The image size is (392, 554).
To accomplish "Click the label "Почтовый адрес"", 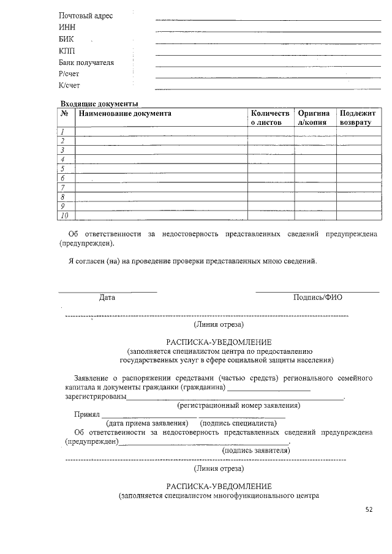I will click(86, 15).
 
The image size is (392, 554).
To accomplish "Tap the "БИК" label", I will click(66, 39).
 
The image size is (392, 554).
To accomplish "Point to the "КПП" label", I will click(67, 51).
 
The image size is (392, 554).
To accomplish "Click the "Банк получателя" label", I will click(86, 62).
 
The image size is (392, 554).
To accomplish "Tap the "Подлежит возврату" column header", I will click(356, 118).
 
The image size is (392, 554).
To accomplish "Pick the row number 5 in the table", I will click(63, 168).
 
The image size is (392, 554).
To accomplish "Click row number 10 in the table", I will click(64, 215).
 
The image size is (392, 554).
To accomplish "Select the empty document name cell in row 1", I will click(161, 132).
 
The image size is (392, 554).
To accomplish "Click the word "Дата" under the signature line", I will click(107, 298).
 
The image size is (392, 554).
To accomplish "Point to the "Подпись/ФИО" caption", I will click(318, 298).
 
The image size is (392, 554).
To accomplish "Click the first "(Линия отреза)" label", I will click(219, 324).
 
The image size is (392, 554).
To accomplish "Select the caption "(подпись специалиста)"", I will click(238, 423).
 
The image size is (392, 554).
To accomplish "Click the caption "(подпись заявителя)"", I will click(256, 450).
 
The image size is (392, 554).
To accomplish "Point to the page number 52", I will click(369, 509).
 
